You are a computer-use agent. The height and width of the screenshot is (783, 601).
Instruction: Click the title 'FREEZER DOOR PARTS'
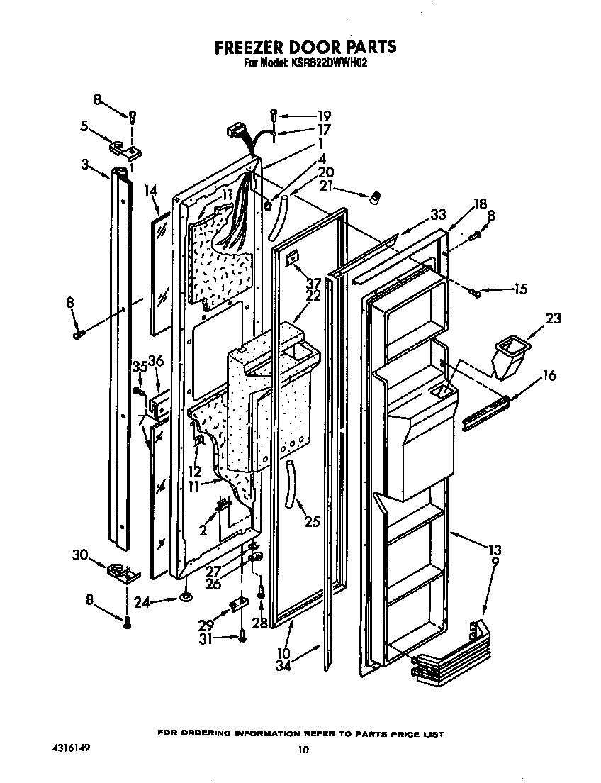click(x=305, y=48)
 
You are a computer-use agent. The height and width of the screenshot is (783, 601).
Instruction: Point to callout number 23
click(x=552, y=319)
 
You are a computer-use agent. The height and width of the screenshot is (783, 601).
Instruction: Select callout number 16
click(x=550, y=376)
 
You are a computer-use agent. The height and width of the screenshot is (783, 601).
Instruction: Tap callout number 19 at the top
click(x=323, y=116)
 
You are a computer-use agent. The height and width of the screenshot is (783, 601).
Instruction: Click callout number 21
click(x=325, y=187)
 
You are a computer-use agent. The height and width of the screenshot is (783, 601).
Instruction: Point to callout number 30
click(x=81, y=555)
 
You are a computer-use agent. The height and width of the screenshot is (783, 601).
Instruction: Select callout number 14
click(x=150, y=190)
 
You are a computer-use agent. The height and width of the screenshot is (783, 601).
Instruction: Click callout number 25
click(x=312, y=522)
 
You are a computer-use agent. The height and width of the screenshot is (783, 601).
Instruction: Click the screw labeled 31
click(x=242, y=637)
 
